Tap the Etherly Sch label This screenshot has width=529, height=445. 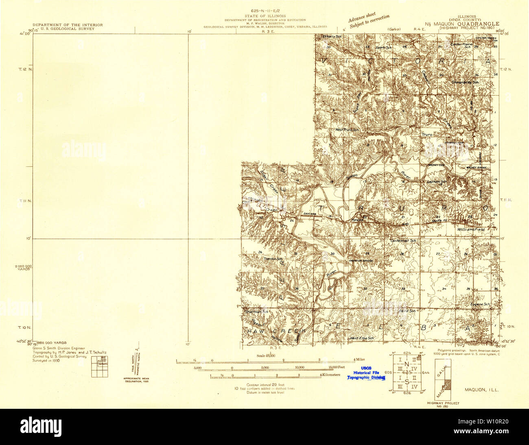click(x=332, y=37)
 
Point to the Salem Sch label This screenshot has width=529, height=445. click(x=383, y=48)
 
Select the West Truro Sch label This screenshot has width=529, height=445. click(x=347, y=130)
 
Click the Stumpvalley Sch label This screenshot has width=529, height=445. click(x=466, y=82)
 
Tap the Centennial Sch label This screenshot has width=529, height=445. click(x=403, y=241)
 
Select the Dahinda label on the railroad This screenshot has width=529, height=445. click(x=309, y=214)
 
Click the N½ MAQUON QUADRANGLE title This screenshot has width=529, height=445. click(x=464, y=24)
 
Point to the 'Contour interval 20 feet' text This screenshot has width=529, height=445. click(x=265, y=384)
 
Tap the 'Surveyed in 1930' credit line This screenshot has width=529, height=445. click(x=46, y=360)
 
